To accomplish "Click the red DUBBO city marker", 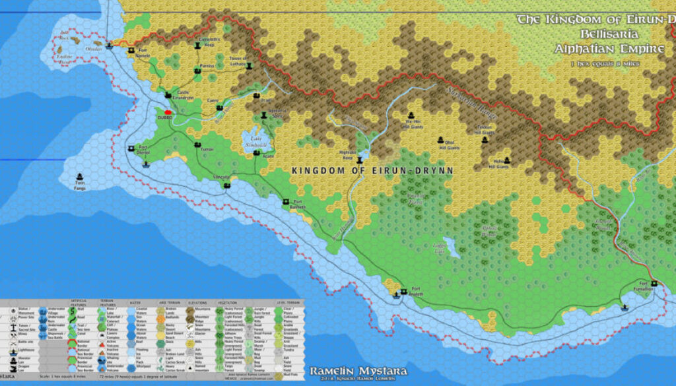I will (x=168, y=112).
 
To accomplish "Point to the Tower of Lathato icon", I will (x=249, y=65).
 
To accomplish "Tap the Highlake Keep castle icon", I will (x=360, y=160).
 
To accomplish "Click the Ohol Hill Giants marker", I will (x=440, y=139).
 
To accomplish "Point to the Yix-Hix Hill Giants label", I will (x=413, y=124).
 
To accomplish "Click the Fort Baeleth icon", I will (x=286, y=201).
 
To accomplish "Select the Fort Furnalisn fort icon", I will (x=654, y=283).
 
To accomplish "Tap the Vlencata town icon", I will (x=226, y=184).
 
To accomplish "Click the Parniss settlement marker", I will (x=196, y=69).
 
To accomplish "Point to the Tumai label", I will (x=207, y=150).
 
